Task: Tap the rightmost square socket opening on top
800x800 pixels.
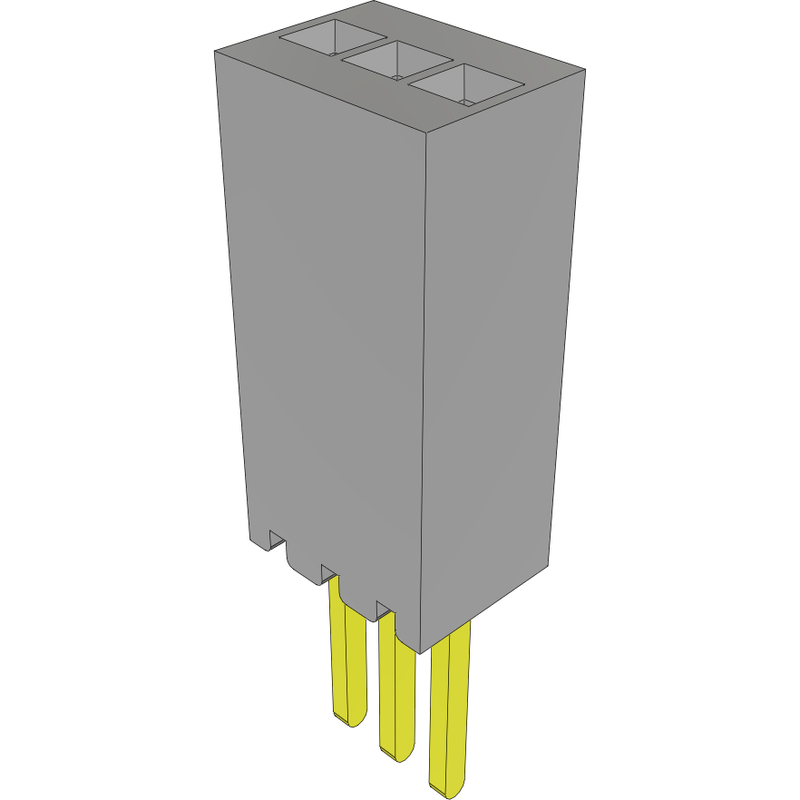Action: click(466, 87)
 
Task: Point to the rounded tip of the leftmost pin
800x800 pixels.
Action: click(348, 717)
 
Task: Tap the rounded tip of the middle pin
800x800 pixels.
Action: click(395, 756)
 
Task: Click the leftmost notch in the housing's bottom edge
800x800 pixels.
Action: click(277, 541)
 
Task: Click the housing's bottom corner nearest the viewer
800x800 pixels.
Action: click(419, 652)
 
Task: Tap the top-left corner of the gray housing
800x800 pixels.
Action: click(214, 51)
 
